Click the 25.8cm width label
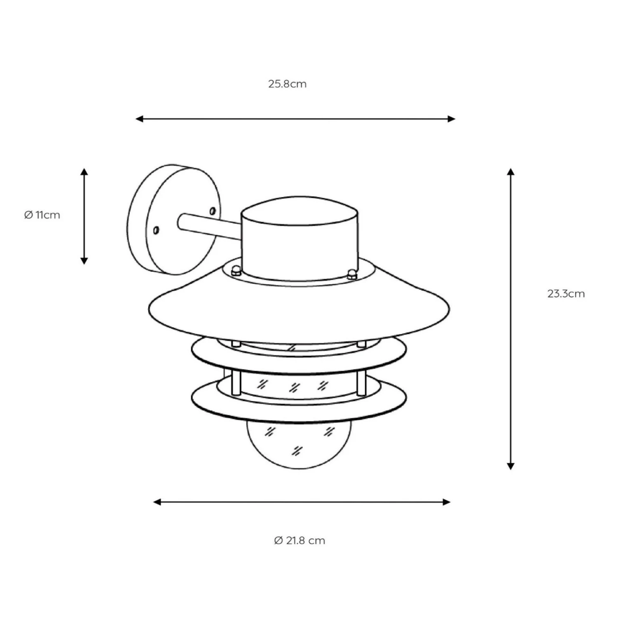287,84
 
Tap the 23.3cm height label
566,294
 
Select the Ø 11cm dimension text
42,215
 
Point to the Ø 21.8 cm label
300,541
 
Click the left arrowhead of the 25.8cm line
139,119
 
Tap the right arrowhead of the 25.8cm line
452,119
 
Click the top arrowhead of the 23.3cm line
511,172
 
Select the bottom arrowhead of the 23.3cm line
511,466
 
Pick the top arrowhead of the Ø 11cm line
84,172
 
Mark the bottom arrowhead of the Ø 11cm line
84,260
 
